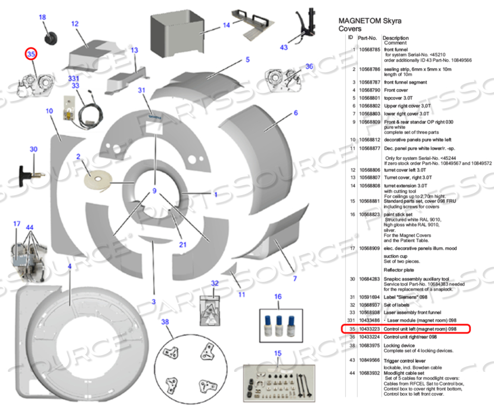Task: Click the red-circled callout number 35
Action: tap(31, 54)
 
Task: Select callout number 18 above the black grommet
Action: tap(43, 18)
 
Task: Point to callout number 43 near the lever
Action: tap(283, 47)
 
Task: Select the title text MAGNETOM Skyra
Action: tap(370, 21)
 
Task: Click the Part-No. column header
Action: tap(367, 38)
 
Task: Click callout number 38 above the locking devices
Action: tap(165, 322)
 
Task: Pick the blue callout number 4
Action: tap(69, 266)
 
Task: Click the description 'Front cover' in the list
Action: tap(396, 90)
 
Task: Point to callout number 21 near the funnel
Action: tap(183, 244)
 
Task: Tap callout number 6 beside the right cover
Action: tap(296, 113)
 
